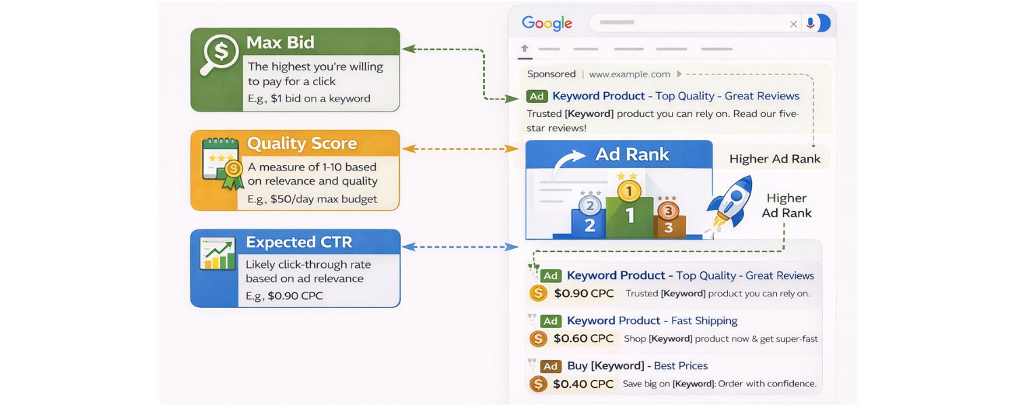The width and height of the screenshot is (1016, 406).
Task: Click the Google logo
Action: coord(547,23)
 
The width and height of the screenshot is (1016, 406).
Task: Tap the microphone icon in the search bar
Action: coord(809,23)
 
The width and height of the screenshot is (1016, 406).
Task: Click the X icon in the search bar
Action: coord(793,24)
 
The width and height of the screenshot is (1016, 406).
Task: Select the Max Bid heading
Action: coord(280,43)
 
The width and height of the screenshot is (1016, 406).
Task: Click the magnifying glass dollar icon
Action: coord(218,54)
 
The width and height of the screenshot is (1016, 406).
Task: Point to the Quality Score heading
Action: coord(301,143)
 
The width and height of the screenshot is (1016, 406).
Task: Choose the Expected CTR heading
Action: coord(299,242)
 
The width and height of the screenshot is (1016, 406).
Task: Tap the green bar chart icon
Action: coord(217,254)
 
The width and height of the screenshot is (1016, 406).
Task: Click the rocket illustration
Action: coord(731,201)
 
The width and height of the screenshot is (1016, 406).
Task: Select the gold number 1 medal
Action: coord(629,191)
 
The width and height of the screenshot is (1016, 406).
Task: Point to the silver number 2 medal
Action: coord(589,206)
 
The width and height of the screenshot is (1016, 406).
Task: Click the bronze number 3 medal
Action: coord(668,210)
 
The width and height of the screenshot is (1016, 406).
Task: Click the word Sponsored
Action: coord(551,74)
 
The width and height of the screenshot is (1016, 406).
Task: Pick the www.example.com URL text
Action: coord(629,74)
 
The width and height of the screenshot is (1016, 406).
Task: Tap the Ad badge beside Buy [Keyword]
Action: coord(550,366)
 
